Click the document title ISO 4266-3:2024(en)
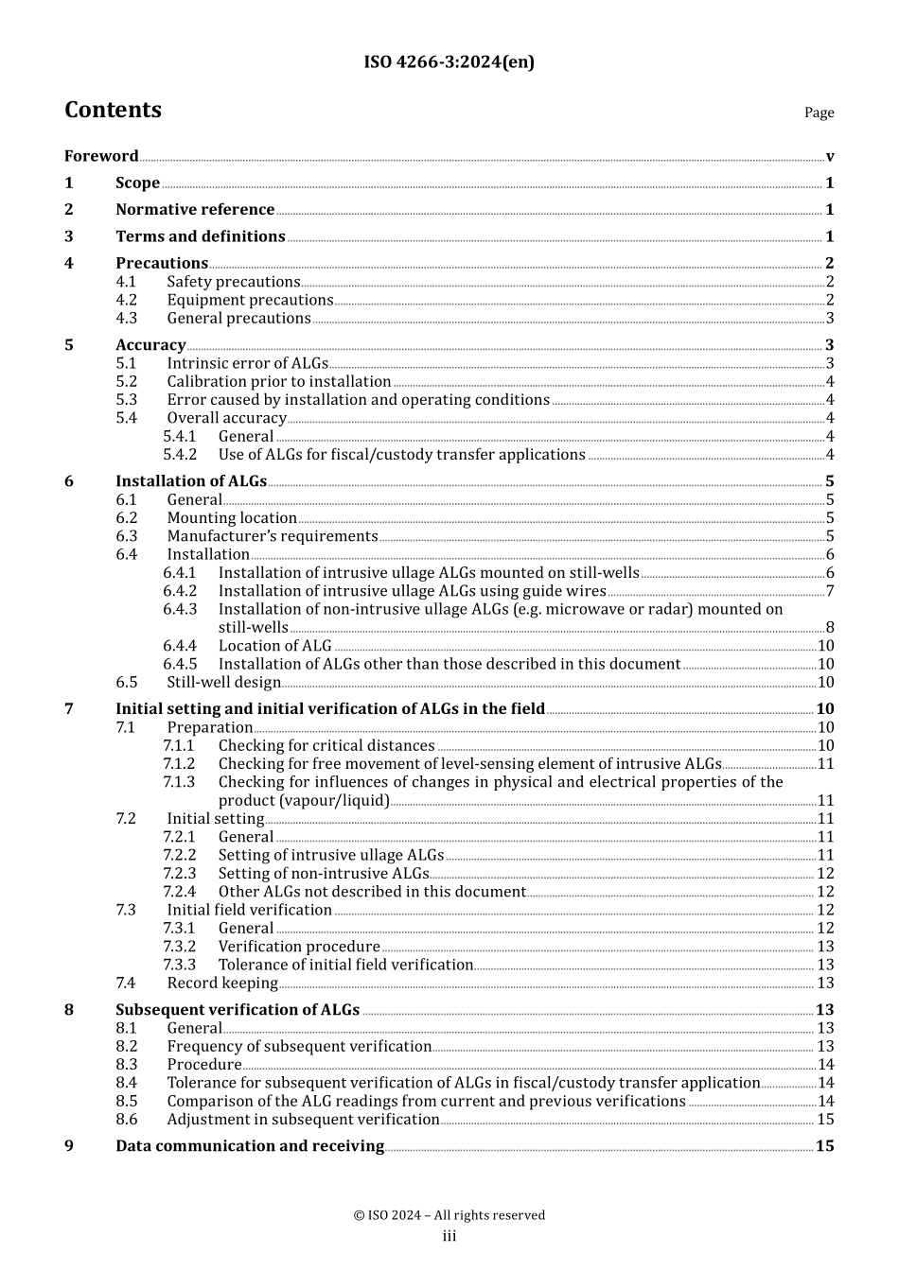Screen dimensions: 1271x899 pos(449,62)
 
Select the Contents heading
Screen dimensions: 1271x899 pos(113,110)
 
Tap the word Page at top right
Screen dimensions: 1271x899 pos(819,113)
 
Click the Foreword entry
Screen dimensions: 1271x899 pos(101,156)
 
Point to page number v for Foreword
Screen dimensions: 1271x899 pos(829,157)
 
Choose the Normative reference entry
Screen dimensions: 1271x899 pos(195,210)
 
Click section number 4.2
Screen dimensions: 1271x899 pos(127,300)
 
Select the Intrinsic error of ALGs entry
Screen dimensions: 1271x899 pos(247,363)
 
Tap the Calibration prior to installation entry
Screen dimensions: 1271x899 pos(279,381)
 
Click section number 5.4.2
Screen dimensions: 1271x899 pos(180,455)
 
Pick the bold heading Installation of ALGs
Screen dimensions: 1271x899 pos(191,481)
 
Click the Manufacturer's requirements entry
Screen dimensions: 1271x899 pos(273,536)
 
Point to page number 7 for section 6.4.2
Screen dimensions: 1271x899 pos(830,591)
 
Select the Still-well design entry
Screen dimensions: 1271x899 pos(224,682)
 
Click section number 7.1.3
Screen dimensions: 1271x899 pos(179,782)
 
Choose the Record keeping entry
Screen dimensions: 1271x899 pos(222,983)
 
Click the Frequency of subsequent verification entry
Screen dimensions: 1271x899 pos(299,1046)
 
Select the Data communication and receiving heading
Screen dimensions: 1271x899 pos(250,1146)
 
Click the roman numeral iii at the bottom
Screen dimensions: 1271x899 pos(449,1236)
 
